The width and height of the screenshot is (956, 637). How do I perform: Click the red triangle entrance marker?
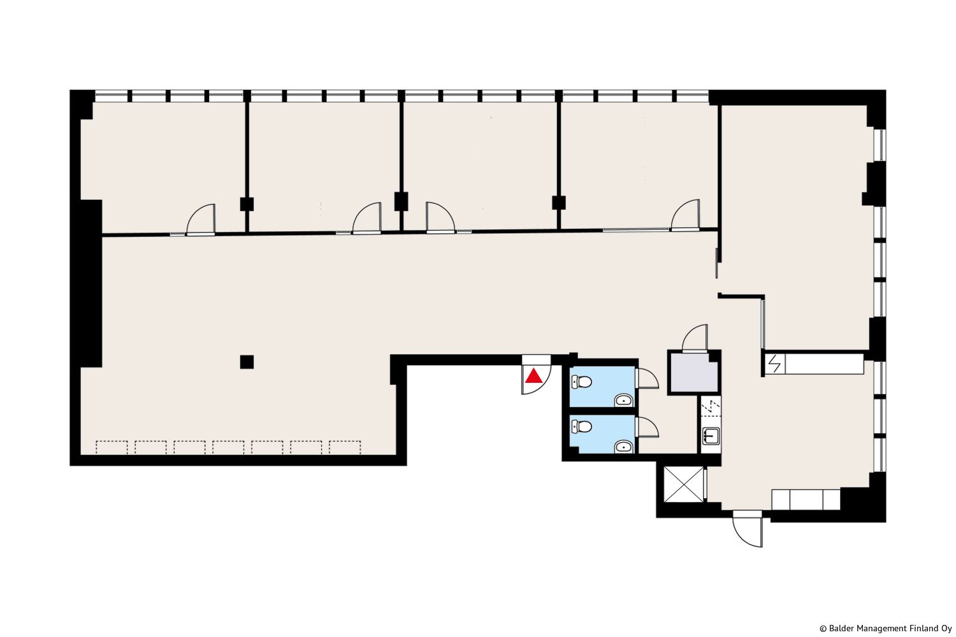(533, 376)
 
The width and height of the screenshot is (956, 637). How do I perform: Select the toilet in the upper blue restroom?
(581, 382)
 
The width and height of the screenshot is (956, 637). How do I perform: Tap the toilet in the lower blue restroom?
(581, 426)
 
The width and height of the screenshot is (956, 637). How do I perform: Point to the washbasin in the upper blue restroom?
(623, 400)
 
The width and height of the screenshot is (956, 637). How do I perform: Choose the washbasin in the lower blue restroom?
(623, 447)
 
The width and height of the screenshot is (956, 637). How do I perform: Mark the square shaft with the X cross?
(684, 484)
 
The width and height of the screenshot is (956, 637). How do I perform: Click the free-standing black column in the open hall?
(247, 362)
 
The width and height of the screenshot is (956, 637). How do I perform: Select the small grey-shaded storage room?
(693, 372)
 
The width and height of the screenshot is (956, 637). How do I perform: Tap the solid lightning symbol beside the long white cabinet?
(774, 364)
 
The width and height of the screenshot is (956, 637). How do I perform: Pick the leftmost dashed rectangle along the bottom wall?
(112, 447)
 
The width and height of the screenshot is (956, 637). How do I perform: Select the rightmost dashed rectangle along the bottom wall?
(345, 447)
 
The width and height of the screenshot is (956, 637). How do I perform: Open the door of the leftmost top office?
(201, 219)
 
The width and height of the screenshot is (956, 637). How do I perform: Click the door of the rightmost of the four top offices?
(685, 215)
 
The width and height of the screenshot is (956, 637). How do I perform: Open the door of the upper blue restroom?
(647, 378)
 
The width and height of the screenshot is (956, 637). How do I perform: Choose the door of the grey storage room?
(695, 338)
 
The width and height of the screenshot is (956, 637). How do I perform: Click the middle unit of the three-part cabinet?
(806, 499)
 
